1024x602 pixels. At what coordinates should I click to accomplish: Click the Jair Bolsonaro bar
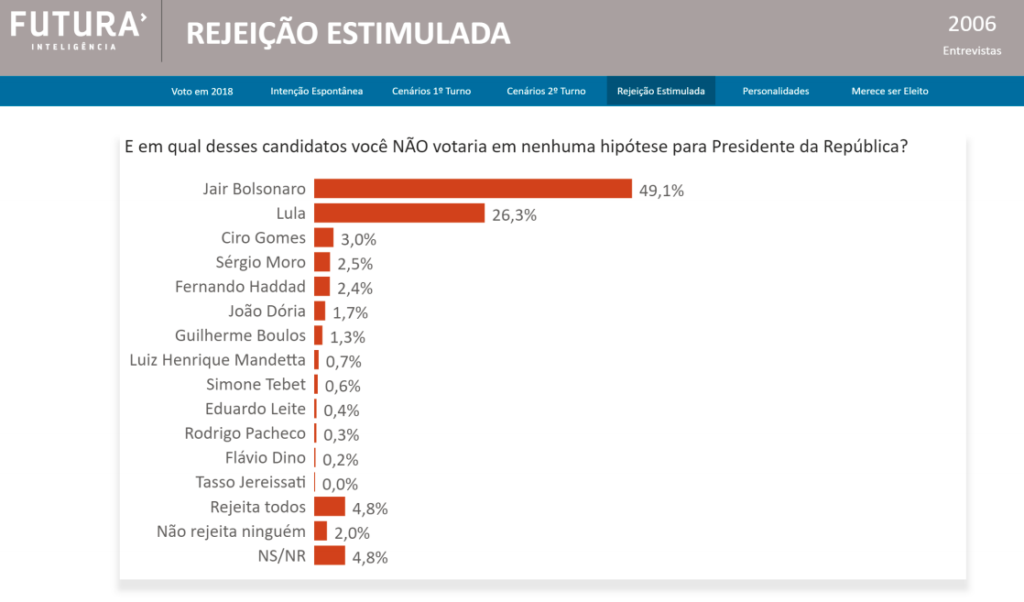coord(473,189)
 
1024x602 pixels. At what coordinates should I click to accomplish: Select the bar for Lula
coord(399,213)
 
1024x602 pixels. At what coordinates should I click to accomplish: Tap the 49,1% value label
coord(662,191)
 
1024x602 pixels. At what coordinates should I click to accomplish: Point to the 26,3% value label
coord(514,215)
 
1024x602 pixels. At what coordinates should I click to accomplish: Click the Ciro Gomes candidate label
coord(264,237)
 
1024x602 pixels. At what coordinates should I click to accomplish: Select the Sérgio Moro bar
coord(321,262)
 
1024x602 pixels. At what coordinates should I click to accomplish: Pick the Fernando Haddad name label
coord(240,287)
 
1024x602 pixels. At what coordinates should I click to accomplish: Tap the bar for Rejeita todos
coord(330,507)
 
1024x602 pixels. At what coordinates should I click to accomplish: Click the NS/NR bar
coord(330,555)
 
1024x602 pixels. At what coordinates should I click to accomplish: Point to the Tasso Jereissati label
coord(251,482)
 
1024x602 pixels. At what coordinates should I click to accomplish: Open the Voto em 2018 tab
coord(202,91)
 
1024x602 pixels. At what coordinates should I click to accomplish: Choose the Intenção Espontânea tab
coord(317,91)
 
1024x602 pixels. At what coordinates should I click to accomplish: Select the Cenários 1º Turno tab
coord(431,91)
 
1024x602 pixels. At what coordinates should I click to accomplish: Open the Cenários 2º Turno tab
coord(546,91)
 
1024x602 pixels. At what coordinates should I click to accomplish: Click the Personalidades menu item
coord(776,91)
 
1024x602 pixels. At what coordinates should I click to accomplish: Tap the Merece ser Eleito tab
coord(889,91)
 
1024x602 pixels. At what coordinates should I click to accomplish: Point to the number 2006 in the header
coord(972,24)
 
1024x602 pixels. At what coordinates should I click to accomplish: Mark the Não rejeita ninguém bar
coord(321,531)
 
